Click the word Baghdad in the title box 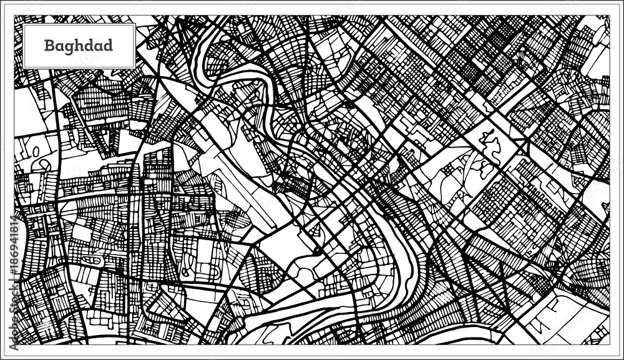(x=79, y=46)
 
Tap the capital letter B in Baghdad (x=48, y=46)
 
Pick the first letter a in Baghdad (x=57, y=47)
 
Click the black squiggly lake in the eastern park (x=492, y=142)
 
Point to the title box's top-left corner (x=24, y=24)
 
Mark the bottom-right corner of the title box (x=135, y=68)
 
